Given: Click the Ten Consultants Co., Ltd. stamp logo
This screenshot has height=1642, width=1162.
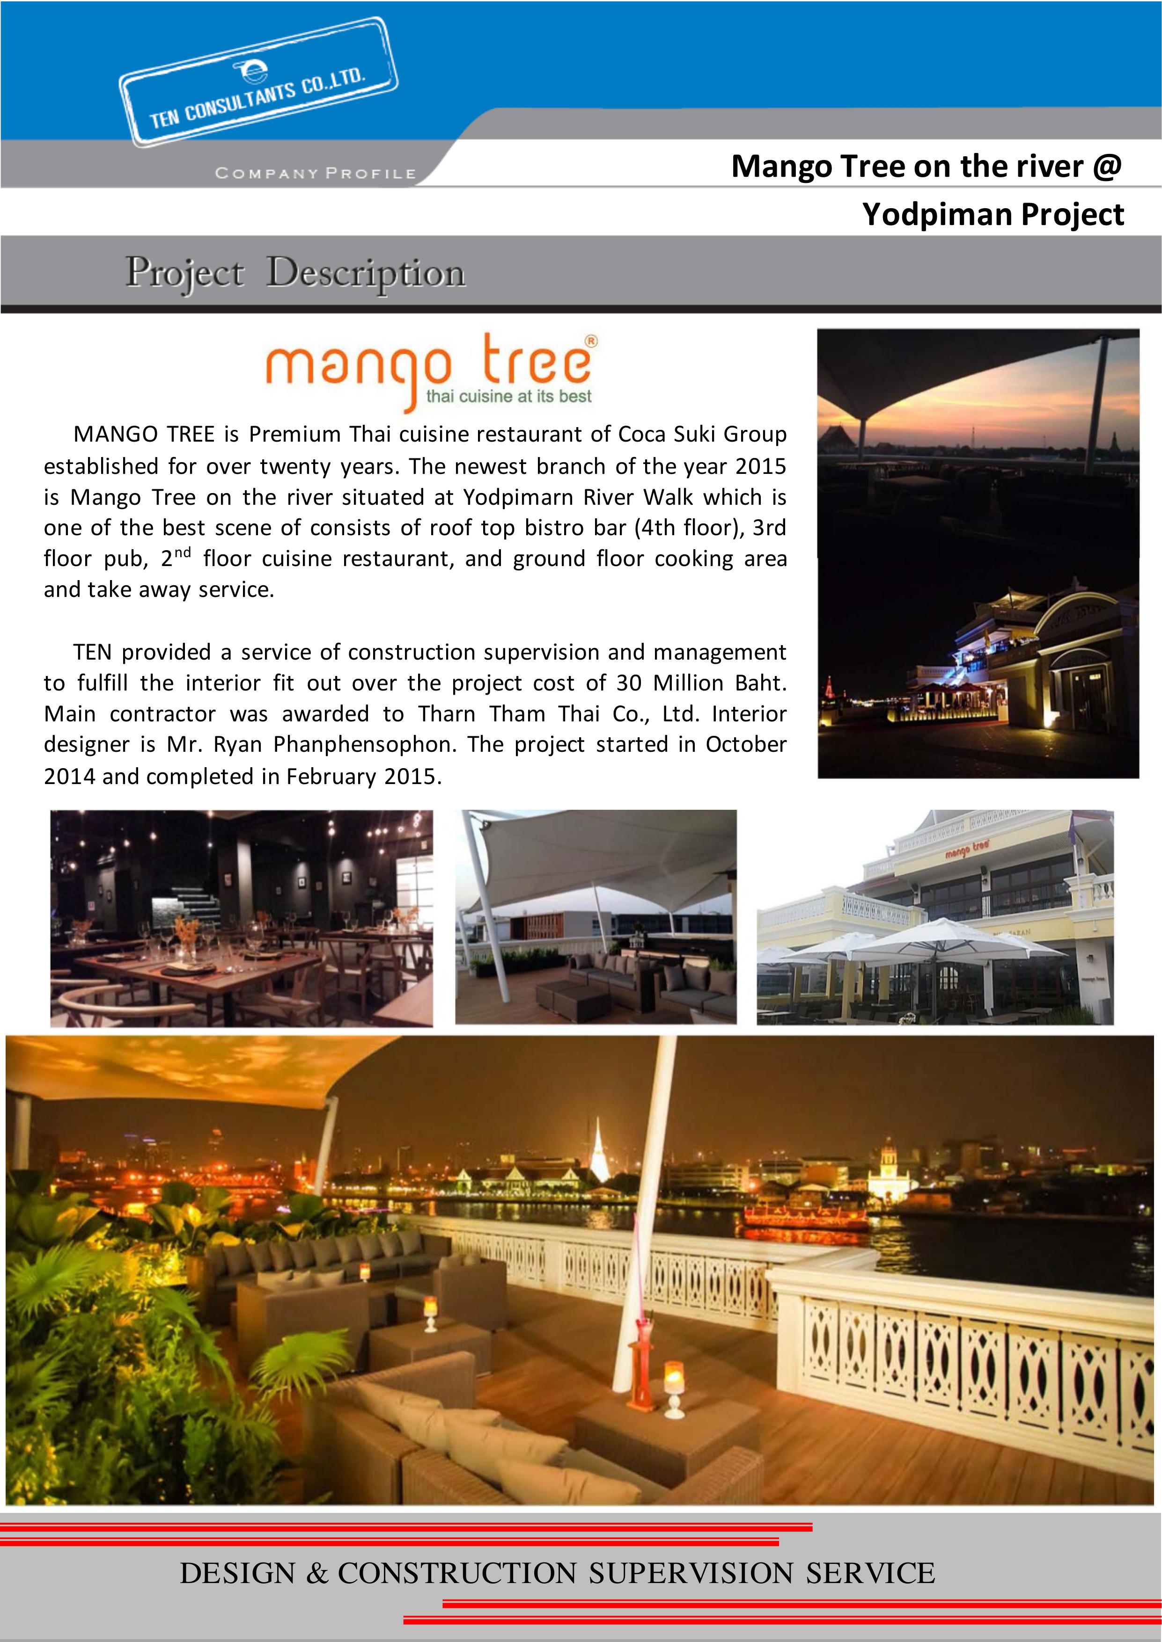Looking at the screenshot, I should point(257,84).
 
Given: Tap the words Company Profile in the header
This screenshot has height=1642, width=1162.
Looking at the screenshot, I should point(315,174).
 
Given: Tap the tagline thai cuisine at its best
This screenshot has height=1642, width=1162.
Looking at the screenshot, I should point(509,396).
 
